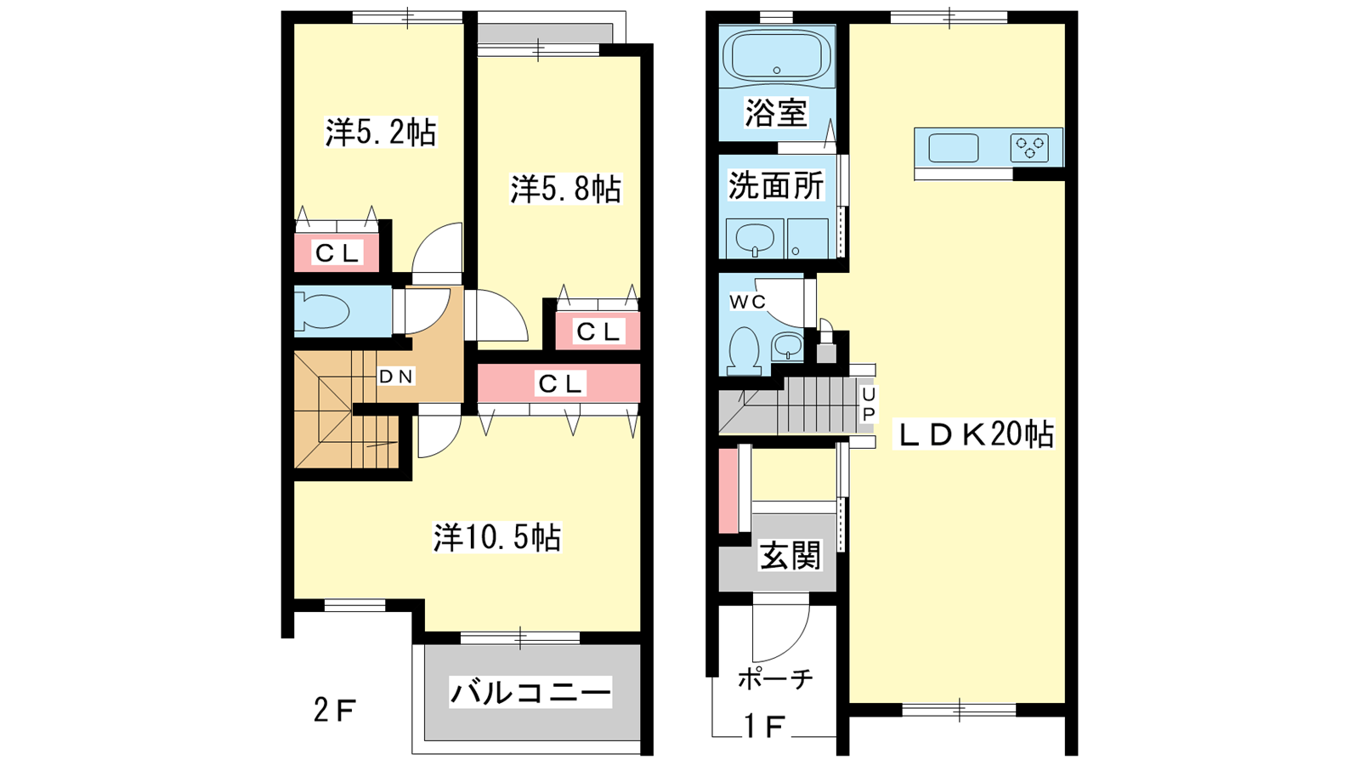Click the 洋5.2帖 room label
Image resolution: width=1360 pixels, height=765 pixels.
point(381,133)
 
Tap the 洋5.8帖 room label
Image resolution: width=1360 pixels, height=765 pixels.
point(565,189)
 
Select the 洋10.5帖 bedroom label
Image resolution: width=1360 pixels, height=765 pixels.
point(497,536)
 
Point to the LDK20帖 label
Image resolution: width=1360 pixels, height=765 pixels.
point(974,434)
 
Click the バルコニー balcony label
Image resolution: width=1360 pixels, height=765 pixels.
point(530,693)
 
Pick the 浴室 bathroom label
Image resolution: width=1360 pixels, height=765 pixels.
point(776,112)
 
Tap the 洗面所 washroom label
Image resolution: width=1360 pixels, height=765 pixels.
point(776,185)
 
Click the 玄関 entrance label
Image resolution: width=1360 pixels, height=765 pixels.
point(790,556)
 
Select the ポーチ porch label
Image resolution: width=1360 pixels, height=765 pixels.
point(775,679)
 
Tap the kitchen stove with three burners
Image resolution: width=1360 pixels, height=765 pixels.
point(1029,148)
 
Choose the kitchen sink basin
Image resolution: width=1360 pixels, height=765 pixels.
point(954,148)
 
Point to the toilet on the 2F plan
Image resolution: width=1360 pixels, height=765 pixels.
point(322,311)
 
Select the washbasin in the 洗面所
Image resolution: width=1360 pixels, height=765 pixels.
point(755,239)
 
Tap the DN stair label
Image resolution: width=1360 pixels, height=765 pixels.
point(396,377)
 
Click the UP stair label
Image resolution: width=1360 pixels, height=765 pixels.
point(869,405)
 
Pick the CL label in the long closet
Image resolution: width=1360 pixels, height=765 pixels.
point(559,383)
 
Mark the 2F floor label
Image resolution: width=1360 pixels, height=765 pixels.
point(335,711)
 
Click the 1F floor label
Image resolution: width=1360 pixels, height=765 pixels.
point(764,727)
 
